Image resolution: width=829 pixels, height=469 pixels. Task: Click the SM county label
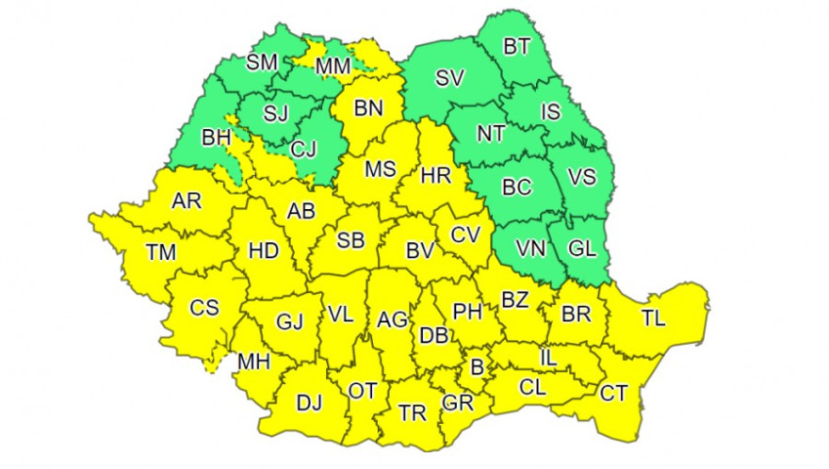pyautogui.click(x=262, y=63)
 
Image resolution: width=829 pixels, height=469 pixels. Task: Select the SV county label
pyautogui.click(x=450, y=79)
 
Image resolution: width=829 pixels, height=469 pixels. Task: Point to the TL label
pyautogui.click(x=653, y=318)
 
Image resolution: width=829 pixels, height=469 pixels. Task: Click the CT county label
pyautogui.click(x=613, y=394)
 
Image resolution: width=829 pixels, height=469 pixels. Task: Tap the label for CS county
pyautogui.click(x=204, y=307)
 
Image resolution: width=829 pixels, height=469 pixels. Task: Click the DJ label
pyautogui.click(x=309, y=403)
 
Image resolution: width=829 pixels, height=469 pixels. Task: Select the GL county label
pyautogui.click(x=583, y=250)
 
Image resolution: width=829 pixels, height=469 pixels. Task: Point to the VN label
pyautogui.click(x=531, y=250)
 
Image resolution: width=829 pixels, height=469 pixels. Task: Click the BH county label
pyautogui.click(x=217, y=137)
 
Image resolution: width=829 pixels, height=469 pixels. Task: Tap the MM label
pyautogui.click(x=333, y=66)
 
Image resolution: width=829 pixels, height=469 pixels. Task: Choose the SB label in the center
pyautogui.click(x=350, y=241)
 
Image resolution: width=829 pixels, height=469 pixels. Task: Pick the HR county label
pyautogui.click(x=435, y=175)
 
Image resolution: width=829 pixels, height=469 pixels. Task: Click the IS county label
pyautogui.click(x=551, y=113)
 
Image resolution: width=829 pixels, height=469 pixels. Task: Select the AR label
pyautogui.click(x=186, y=200)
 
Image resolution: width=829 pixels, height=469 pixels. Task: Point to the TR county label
pyautogui.click(x=412, y=412)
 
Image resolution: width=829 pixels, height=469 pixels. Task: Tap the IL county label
pyautogui.click(x=549, y=358)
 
